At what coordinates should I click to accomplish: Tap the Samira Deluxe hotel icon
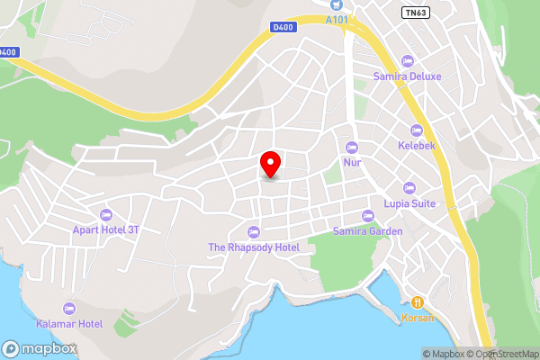(x=407, y=61)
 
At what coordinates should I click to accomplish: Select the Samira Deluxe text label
(x=407, y=76)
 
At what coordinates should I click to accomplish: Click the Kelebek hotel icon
(x=416, y=130)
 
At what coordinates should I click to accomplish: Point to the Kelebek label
(x=416, y=145)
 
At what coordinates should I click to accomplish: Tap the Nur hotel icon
(x=352, y=148)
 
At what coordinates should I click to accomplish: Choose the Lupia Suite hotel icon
(x=409, y=188)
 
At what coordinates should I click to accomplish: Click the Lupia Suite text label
(x=409, y=203)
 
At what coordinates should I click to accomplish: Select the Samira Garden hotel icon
(x=367, y=216)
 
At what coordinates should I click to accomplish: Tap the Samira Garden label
(x=367, y=231)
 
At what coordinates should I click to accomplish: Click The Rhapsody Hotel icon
(x=254, y=232)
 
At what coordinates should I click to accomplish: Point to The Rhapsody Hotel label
(x=254, y=247)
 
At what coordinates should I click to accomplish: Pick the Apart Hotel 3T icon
(x=106, y=215)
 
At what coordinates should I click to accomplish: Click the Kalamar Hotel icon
(x=70, y=308)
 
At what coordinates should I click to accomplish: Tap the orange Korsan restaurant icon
(x=417, y=302)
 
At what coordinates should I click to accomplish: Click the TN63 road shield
(x=414, y=12)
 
